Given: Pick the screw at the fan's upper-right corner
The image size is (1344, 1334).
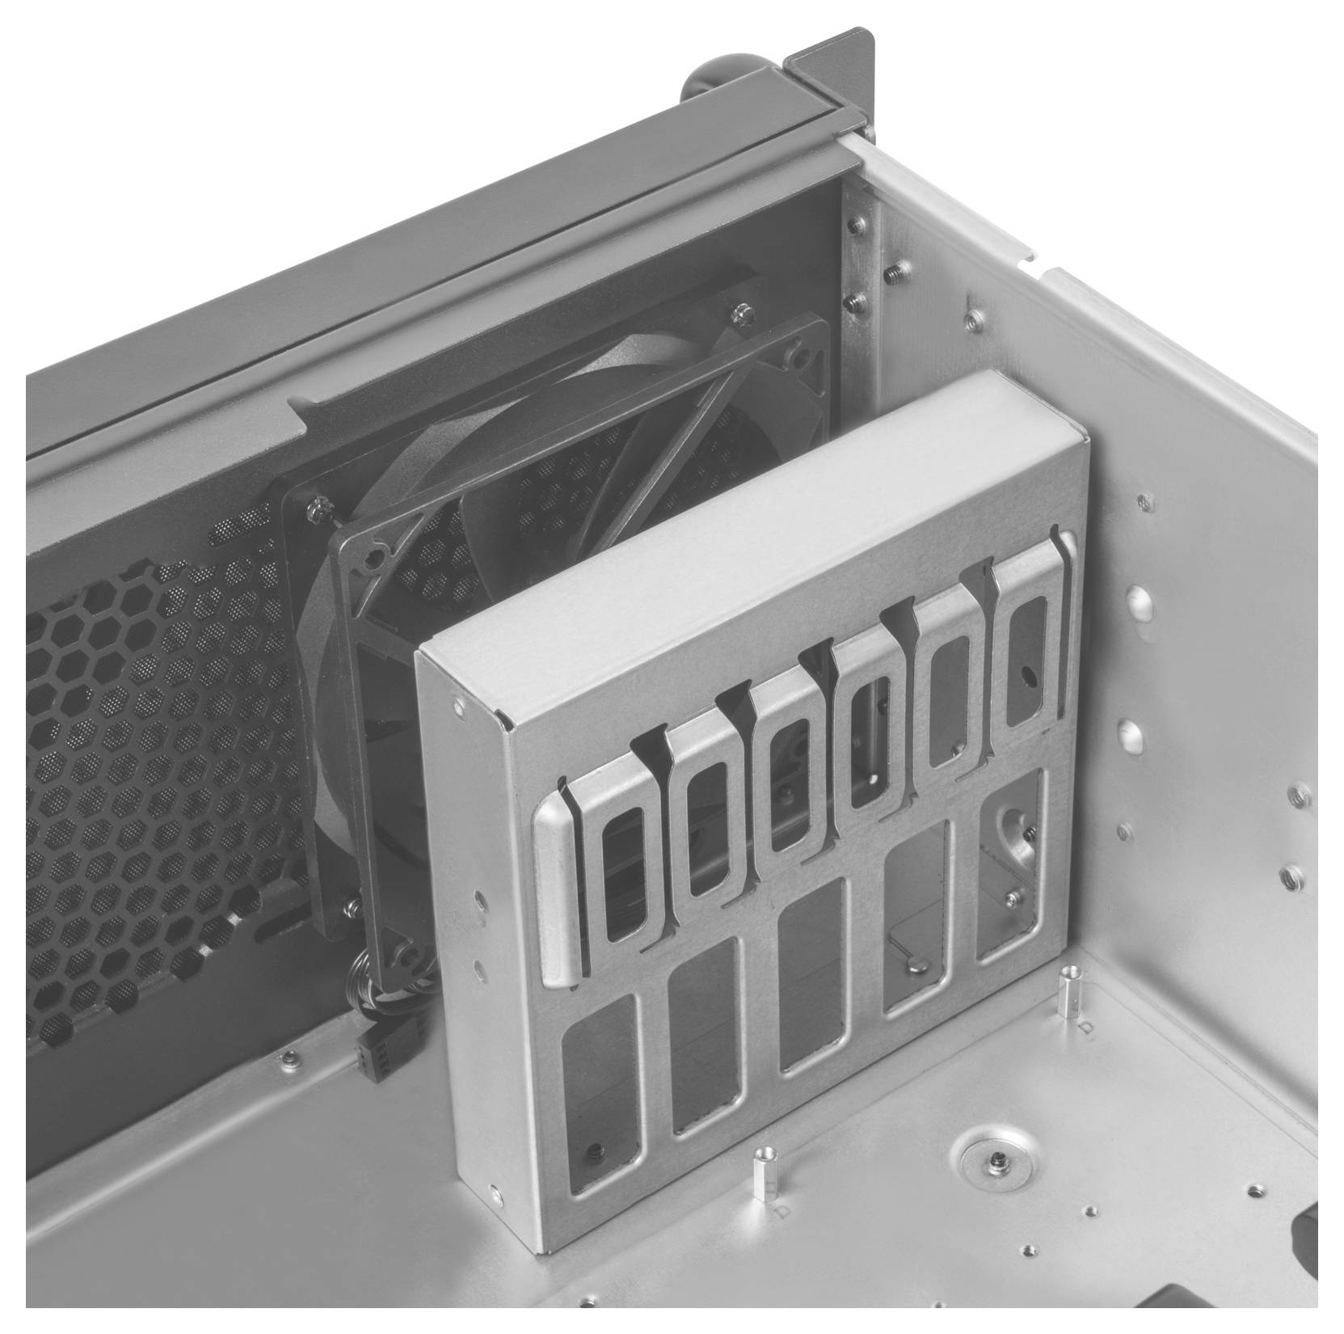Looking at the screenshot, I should (739, 310).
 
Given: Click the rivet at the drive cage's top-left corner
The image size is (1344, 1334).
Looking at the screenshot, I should (459, 707).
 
